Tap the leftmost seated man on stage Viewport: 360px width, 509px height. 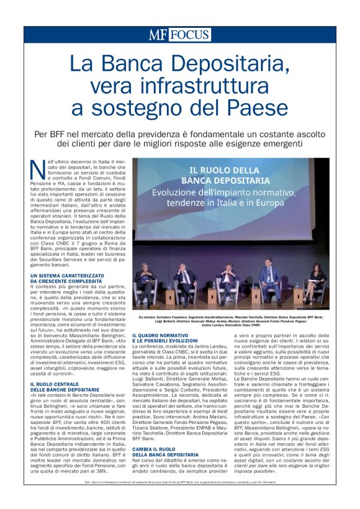(145, 280)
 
